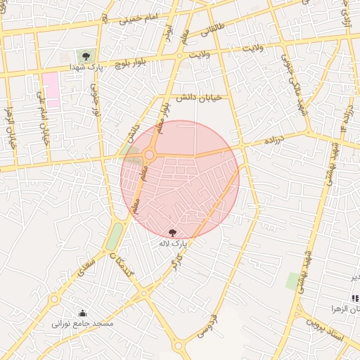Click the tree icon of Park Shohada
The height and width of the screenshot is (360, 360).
(86, 54)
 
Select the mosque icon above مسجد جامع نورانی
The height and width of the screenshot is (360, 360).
(83, 313)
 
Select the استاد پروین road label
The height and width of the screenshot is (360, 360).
(325, 330)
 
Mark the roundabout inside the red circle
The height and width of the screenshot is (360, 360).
(149, 155)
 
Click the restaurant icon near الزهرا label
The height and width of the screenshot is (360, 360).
(354, 299)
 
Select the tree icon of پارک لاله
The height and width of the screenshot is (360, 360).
(173, 231)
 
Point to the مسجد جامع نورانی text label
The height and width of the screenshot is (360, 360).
(83, 324)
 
